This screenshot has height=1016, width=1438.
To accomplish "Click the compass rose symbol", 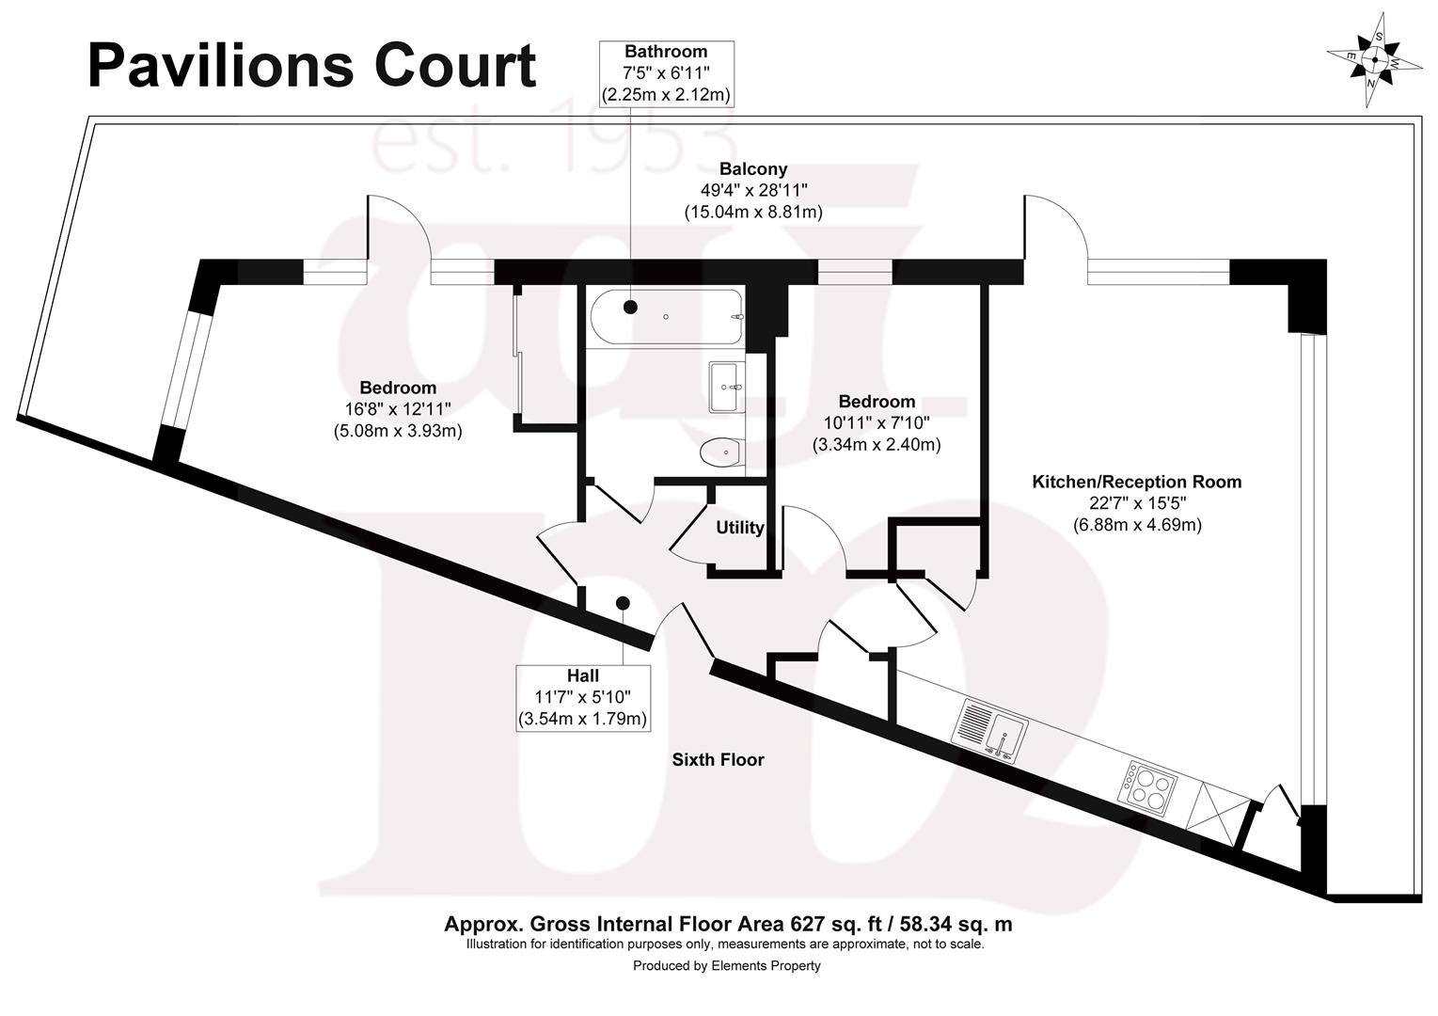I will [x=1374, y=59].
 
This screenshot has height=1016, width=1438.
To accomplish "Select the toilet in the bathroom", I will [x=723, y=453].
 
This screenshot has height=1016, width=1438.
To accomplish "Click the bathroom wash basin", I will [x=726, y=387].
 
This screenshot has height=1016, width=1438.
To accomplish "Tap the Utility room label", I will [x=739, y=528].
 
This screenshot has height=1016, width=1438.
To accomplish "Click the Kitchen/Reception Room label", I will [x=1136, y=482].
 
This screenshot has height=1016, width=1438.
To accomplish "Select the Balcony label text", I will [x=752, y=169].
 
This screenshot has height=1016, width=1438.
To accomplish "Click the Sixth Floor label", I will [x=718, y=759].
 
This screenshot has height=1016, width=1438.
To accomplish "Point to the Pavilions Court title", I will [x=311, y=66].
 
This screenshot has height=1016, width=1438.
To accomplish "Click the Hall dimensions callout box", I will [x=583, y=697].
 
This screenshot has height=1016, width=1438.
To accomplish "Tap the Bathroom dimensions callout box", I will [x=666, y=73].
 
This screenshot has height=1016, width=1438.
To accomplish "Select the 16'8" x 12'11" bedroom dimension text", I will [x=398, y=409].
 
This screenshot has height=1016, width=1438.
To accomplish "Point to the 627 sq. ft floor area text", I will [x=728, y=924].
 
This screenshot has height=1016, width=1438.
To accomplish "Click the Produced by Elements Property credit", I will [x=726, y=965].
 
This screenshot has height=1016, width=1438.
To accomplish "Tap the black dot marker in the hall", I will [x=623, y=603].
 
